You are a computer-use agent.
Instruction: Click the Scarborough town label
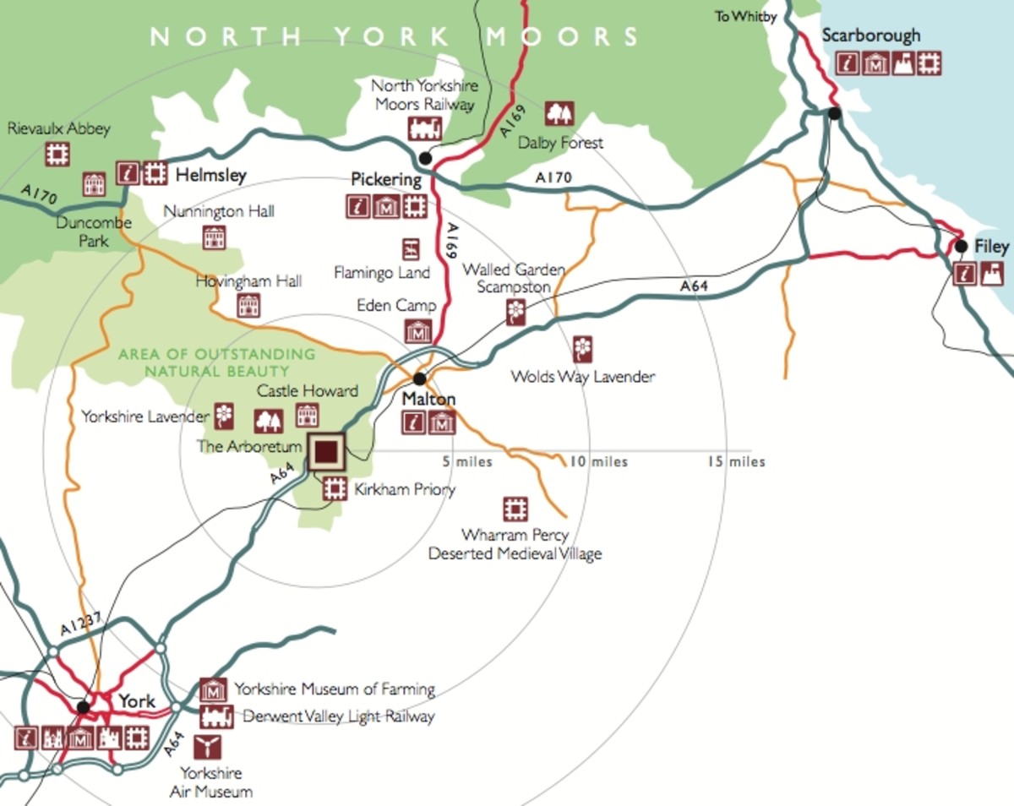(x=871, y=36)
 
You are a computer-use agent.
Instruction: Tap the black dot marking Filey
(x=961, y=247)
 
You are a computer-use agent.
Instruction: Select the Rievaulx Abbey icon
(x=57, y=153)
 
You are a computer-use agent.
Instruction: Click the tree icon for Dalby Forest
(x=559, y=113)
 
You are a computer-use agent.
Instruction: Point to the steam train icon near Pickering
(x=424, y=128)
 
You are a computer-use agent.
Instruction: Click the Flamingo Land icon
(x=411, y=248)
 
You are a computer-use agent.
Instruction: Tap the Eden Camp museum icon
(x=418, y=331)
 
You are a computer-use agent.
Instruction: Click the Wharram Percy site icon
(x=515, y=509)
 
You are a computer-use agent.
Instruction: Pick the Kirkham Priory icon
(x=335, y=488)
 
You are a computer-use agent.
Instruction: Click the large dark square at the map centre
(x=326, y=451)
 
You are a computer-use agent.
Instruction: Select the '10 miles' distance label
(x=598, y=461)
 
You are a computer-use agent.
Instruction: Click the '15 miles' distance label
(x=736, y=461)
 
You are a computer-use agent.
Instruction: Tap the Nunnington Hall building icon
(x=214, y=237)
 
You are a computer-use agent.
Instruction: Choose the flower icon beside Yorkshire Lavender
(x=224, y=414)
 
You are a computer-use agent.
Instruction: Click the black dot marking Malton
(x=419, y=378)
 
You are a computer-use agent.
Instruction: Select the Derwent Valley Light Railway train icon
(x=215, y=716)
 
